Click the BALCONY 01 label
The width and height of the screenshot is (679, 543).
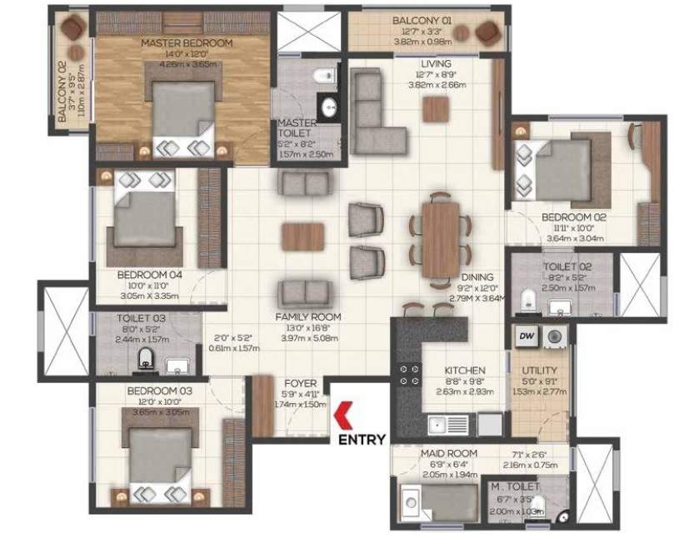(422, 21)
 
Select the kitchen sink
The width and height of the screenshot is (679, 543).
(438, 426)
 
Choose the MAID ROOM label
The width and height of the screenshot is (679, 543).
(441, 454)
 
